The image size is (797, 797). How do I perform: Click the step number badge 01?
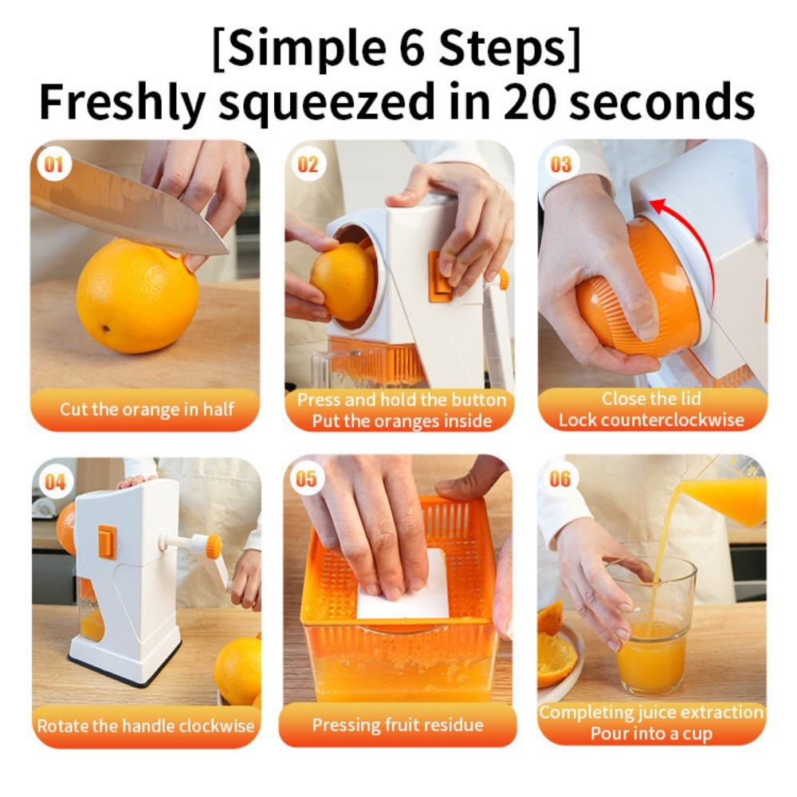53,165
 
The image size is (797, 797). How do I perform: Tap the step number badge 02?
308,165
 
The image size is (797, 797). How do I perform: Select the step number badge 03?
561,165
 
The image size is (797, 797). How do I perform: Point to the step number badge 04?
54,481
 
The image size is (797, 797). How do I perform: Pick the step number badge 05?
307,479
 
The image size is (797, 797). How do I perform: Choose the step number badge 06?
560,479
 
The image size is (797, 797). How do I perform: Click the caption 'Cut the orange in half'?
147,410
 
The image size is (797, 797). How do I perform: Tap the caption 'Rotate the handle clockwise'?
146,725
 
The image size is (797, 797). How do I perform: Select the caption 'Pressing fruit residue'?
398,724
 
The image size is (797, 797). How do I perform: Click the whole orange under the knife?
137,296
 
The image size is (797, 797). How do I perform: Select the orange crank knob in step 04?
213,546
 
